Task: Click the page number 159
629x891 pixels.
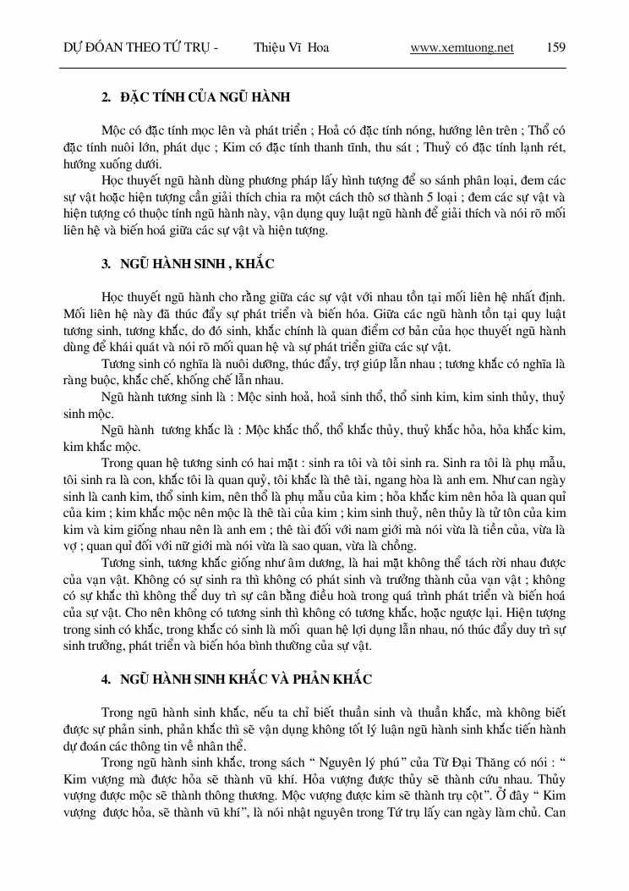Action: [x=555, y=47]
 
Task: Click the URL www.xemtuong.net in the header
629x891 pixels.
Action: [x=462, y=47]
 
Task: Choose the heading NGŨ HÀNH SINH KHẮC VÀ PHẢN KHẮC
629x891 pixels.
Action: [x=246, y=679]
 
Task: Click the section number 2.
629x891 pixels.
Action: [x=106, y=98]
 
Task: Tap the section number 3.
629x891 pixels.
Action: [x=106, y=264]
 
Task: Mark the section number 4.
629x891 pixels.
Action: [x=106, y=679]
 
